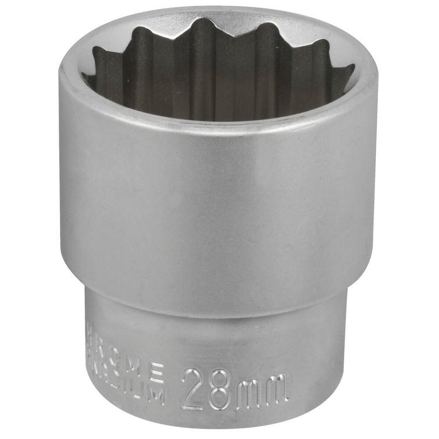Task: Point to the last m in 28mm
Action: (x=274, y=388)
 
